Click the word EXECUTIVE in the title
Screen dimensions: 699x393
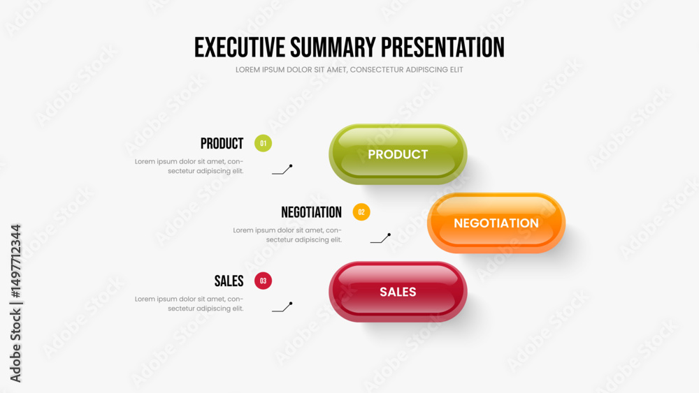click(239, 47)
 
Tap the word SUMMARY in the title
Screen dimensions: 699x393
click(333, 47)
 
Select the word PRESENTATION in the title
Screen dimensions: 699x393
click(442, 47)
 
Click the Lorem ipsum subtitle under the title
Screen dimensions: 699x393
click(349, 69)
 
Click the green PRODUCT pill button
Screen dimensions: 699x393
click(398, 154)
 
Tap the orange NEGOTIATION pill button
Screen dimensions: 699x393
click(496, 223)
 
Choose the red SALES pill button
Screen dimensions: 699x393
click(398, 292)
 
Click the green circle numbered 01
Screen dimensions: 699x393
click(263, 143)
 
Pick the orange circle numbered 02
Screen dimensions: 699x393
click(361, 212)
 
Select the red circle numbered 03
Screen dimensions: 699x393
click(263, 281)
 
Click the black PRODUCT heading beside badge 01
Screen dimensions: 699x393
click(222, 143)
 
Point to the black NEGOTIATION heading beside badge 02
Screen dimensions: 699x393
click(311, 212)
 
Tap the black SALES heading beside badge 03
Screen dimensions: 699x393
click(229, 281)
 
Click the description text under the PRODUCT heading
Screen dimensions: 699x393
click(189, 166)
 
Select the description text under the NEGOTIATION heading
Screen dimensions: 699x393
click(287, 235)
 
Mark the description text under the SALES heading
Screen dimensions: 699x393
click(189, 304)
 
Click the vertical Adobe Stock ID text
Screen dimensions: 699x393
click(15, 303)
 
